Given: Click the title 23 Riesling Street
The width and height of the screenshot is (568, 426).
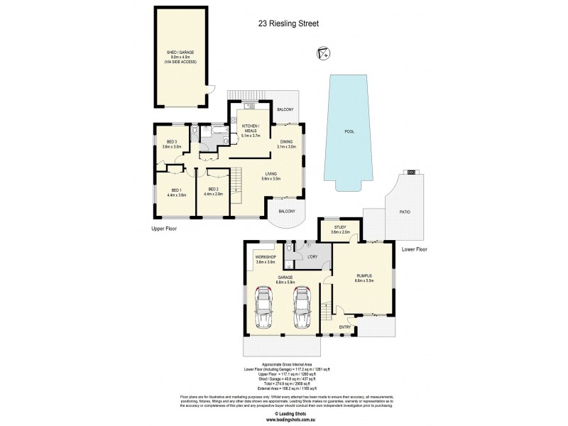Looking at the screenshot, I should click(288, 23).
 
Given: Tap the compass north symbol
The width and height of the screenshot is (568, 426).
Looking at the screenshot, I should click(324, 53).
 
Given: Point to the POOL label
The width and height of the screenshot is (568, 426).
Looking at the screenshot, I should click(349, 131).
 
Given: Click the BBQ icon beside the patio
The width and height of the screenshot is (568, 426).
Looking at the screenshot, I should click(410, 172).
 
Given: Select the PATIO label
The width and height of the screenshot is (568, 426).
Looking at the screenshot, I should click(405, 212).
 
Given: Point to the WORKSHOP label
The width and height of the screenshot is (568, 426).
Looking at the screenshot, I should click(266, 258).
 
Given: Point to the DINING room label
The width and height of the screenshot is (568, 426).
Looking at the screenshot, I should click(286, 143).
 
